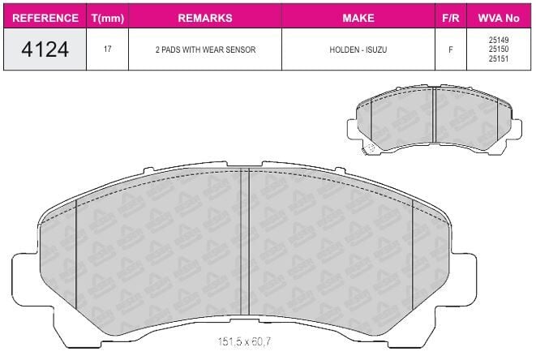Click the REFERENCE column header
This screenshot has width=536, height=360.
point(45,18)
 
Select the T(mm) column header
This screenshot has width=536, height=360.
point(108,18)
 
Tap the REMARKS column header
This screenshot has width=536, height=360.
point(205,18)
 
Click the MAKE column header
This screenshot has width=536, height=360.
point(358,18)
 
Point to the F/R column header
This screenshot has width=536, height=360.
point(451,18)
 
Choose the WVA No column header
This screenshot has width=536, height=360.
point(499,18)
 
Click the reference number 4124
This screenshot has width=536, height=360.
point(45,49)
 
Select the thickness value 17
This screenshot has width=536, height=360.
point(107,49)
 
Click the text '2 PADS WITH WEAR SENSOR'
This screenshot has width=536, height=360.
point(205,49)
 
